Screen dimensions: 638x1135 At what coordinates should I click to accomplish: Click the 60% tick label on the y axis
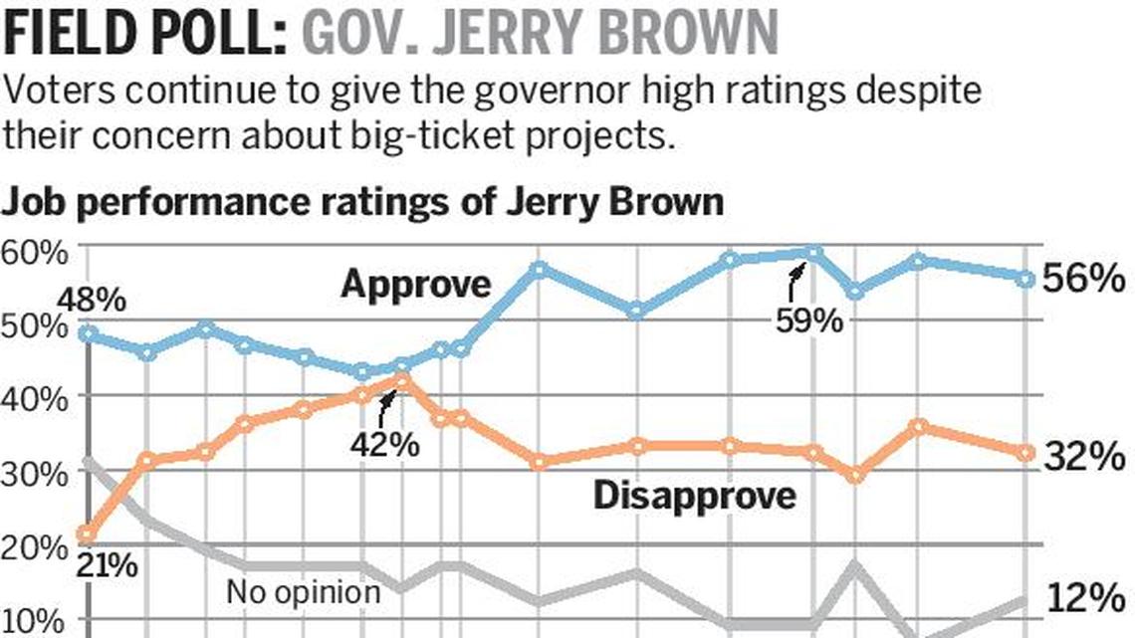35,253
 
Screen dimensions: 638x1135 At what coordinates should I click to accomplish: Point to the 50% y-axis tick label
35,324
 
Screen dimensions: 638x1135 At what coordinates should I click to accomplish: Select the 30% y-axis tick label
35,472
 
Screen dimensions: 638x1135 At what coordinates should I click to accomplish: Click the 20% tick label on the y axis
35,546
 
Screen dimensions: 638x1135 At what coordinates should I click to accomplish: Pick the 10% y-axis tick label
35,620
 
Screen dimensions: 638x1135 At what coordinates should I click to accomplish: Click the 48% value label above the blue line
92,299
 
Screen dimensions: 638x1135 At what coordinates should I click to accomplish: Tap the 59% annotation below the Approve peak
809,321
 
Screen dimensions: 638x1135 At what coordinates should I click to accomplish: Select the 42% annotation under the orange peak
385,444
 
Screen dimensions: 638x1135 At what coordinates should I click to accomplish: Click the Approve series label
416,285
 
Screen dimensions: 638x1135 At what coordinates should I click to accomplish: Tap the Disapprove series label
695,495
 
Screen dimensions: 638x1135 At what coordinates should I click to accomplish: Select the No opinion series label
303,592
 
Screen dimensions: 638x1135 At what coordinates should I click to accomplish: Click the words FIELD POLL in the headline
145,34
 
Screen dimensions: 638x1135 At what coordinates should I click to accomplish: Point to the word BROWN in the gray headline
689,34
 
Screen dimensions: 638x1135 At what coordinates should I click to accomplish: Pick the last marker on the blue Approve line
1025,279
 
